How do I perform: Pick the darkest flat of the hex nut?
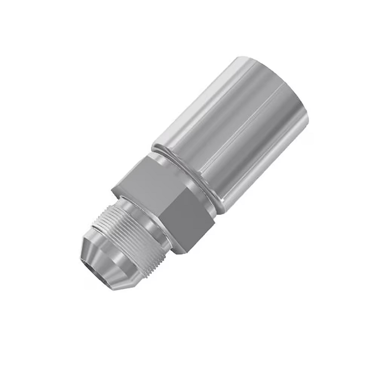(186, 221)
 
